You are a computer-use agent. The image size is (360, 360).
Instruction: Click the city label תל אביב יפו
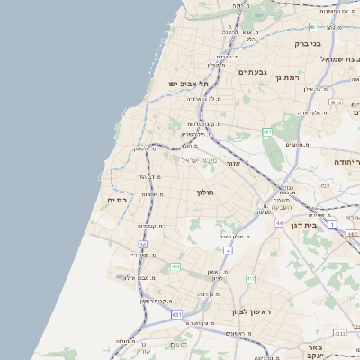click(183, 84)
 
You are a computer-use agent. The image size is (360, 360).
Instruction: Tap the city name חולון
click(205, 192)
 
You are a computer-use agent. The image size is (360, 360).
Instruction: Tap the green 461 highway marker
click(267, 132)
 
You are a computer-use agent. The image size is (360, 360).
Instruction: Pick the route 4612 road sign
click(337, 103)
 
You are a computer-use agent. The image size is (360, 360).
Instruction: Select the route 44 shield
click(280, 222)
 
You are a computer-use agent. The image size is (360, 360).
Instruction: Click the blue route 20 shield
click(142, 245)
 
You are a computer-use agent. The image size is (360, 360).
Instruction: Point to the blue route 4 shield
click(229, 249)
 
